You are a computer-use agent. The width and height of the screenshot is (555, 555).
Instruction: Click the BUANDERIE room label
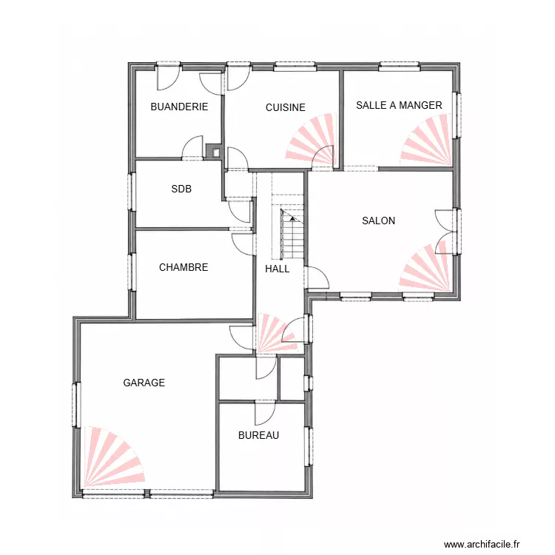click(179, 107)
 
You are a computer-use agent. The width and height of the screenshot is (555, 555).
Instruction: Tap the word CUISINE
click(286, 107)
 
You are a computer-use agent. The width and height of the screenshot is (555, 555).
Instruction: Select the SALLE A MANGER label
click(399, 105)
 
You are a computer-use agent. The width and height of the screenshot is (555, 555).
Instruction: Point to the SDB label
click(181, 189)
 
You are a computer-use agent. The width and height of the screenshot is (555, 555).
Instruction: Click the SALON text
click(378, 221)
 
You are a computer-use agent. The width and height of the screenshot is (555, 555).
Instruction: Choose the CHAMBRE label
click(184, 267)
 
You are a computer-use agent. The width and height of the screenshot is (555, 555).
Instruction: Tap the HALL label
click(277, 269)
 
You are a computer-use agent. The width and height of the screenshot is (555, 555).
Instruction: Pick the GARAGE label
click(144, 383)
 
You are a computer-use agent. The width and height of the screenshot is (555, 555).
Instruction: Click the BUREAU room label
click(258, 435)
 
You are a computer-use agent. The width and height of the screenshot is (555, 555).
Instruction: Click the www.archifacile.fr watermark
click(482, 544)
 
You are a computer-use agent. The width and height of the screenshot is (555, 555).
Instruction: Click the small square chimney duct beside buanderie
click(214, 151)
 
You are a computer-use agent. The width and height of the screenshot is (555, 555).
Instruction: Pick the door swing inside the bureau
click(265, 414)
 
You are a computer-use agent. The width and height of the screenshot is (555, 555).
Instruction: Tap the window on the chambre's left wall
click(131, 272)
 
